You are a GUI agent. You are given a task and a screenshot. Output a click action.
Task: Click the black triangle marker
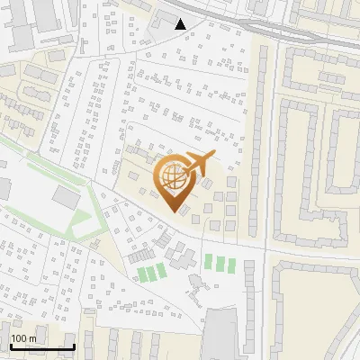point(181,24)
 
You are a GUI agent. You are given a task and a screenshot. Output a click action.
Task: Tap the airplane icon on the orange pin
point(200,163)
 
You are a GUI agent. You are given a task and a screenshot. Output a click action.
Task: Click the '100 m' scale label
point(24,338)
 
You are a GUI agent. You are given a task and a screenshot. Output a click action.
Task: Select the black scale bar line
point(41,346)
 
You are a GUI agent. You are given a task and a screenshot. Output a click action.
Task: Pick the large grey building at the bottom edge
point(222,333)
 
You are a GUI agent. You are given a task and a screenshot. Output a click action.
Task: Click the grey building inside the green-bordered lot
point(66,197)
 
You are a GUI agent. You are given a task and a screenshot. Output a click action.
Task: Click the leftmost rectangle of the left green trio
point(141,274)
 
